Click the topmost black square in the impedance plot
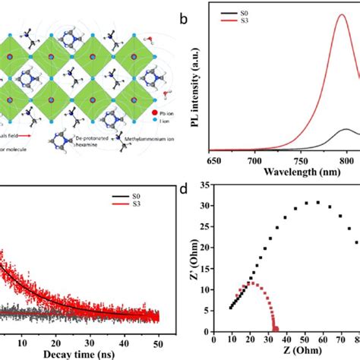click(x=317, y=202)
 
